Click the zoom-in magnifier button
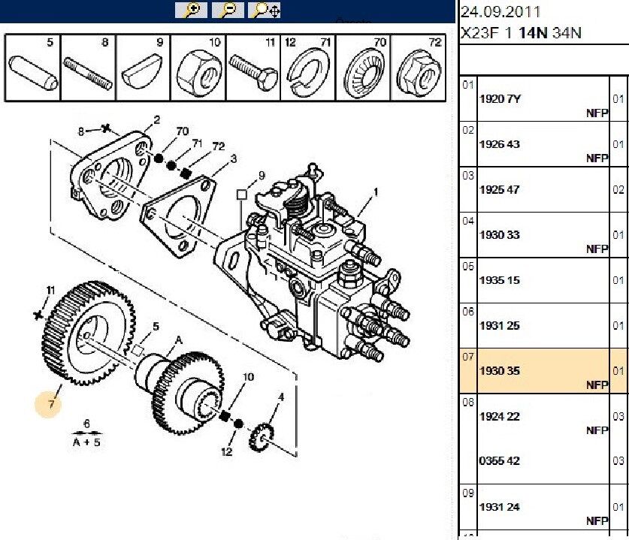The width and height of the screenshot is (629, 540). pyautogui.click(x=191, y=10)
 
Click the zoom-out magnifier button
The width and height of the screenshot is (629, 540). pyautogui.click(x=228, y=10)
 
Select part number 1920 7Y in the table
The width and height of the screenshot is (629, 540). pyautogui.click(x=500, y=99)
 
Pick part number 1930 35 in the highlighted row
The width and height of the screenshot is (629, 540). pyautogui.click(x=500, y=371)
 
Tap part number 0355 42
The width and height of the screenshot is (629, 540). pyautogui.click(x=500, y=461)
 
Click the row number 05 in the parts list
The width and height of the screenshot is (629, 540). pyautogui.click(x=468, y=266)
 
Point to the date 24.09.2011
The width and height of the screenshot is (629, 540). pyautogui.click(x=500, y=12)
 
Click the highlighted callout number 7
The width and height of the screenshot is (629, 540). pyautogui.click(x=51, y=404)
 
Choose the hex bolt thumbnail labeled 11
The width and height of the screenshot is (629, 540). pyautogui.click(x=253, y=71)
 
